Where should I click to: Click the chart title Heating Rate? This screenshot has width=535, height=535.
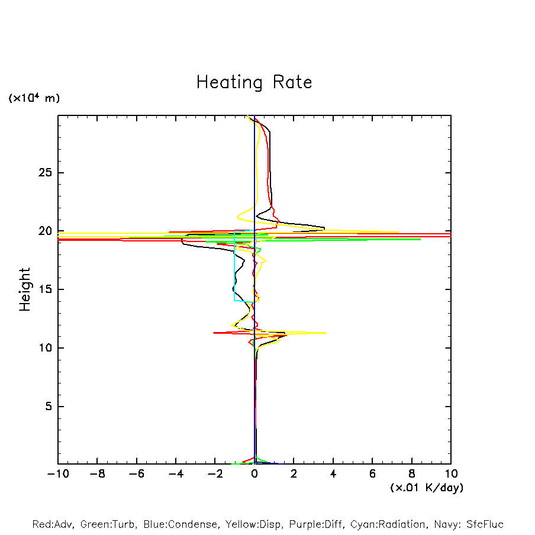click(254, 82)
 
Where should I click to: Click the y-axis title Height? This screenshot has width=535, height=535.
click(25, 289)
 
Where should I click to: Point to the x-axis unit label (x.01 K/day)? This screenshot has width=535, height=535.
click(426, 488)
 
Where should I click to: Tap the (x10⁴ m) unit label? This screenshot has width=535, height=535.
click(34, 98)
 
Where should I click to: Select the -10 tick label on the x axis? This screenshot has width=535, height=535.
click(57, 474)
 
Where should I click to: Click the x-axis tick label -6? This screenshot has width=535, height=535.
click(136, 474)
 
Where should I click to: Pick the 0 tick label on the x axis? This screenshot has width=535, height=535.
click(254, 474)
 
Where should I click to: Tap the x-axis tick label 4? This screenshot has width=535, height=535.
click(333, 474)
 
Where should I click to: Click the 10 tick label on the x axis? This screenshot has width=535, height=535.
click(451, 474)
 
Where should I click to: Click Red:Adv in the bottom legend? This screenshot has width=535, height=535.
click(51, 524)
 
